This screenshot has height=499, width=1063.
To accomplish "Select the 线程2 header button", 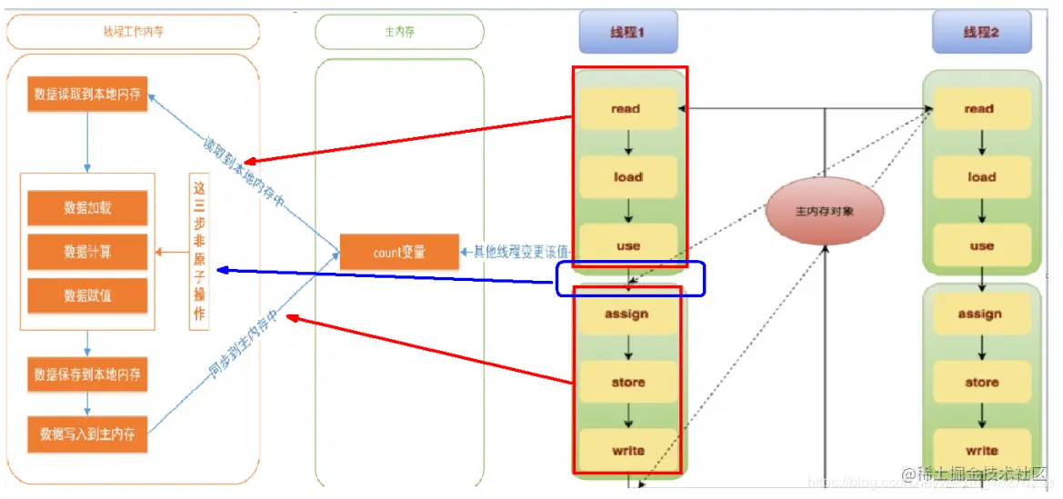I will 981,33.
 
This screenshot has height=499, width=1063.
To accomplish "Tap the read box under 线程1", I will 627,109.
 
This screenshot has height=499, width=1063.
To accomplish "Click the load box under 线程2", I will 981,177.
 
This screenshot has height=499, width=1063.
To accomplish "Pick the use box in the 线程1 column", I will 627,245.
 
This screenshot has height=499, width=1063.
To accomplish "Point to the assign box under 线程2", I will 980,314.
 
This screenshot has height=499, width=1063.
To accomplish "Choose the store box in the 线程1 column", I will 627,383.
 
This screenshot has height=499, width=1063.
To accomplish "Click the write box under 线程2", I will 981,450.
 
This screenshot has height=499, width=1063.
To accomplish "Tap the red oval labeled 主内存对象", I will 826,210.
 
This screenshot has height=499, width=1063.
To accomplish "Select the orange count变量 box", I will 399,252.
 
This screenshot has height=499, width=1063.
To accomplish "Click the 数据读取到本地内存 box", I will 87,94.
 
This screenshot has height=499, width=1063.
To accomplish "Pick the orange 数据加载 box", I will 87,207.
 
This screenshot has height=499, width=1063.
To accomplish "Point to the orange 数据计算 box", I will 87,252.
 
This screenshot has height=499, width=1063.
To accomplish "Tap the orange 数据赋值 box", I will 87,296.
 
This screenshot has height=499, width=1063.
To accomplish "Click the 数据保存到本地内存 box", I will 87,374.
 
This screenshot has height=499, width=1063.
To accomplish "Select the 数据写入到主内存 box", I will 87,434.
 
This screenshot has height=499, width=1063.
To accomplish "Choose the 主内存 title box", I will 399,32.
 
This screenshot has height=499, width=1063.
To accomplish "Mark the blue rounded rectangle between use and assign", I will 631,279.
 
